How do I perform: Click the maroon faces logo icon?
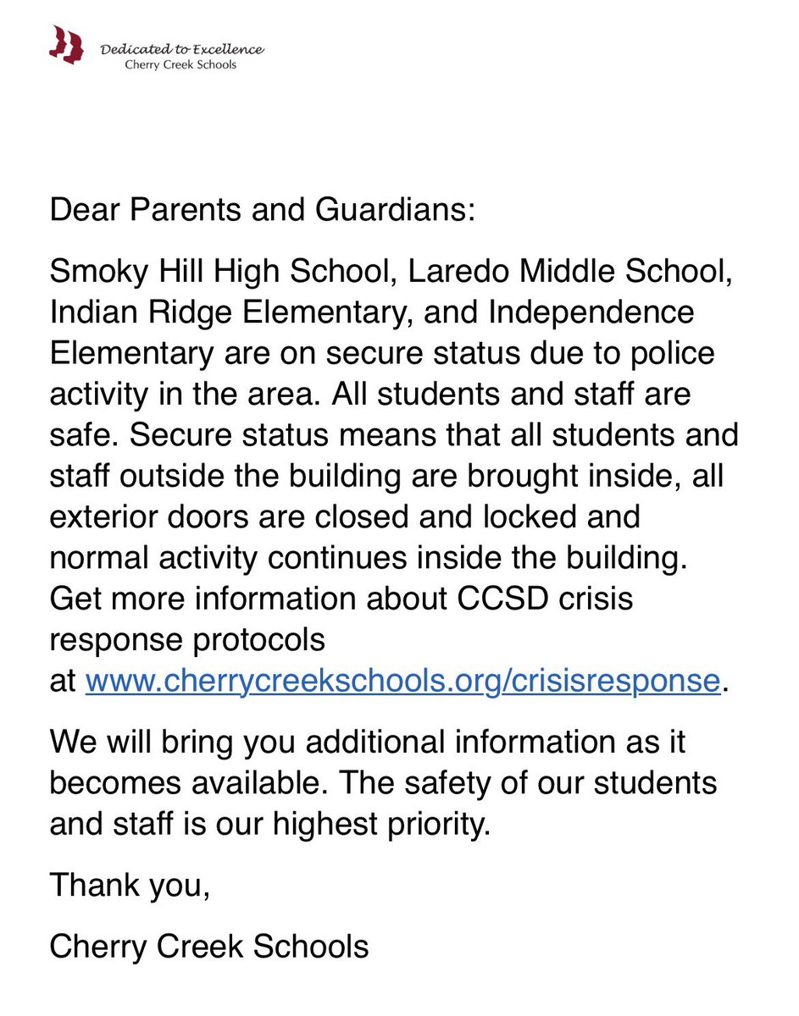pyautogui.click(x=66, y=45)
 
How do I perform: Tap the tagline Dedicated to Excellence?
pyautogui.click(x=182, y=50)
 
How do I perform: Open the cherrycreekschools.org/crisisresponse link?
pyautogui.click(x=402, y=681)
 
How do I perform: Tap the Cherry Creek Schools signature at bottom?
pyautogui.click(x=209, y=947)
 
